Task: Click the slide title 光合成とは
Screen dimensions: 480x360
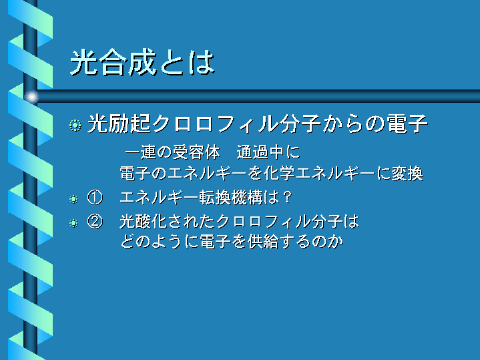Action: coord(143,63)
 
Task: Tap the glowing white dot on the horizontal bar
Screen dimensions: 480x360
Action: coord(32,97)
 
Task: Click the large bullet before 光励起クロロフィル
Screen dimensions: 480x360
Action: coord(75,126)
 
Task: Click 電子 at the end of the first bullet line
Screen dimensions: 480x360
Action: coord(407,124)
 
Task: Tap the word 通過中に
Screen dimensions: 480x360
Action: coord(268,152)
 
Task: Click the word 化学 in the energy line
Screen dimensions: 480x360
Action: coord(279,174)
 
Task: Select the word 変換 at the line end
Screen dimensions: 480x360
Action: coord(407,174)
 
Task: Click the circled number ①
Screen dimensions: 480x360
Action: coord(95,197)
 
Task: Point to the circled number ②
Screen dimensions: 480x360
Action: coord(95,221)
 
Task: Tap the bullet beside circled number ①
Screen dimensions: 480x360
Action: coord(73,199)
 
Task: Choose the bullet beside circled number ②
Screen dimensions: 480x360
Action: coord(73,223)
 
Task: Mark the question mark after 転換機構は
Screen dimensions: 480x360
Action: coord(287,197)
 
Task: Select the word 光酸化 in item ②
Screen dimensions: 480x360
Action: coord(144,221)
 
